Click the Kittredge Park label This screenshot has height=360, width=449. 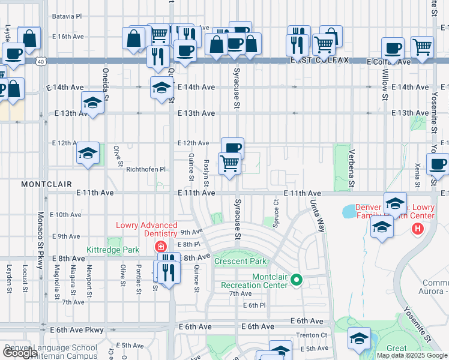(x=112, y=249)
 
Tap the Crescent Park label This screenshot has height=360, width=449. (x=240, y=261)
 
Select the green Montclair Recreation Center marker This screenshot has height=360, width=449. (x=296, y=280)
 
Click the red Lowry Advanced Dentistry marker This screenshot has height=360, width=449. (x=160, y=247)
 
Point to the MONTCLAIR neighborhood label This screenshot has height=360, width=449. (x=46, y=184)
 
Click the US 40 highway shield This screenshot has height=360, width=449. (x=40, y=61)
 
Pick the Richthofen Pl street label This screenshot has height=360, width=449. (x=145, y=170)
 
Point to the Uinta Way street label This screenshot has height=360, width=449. (x=317, y=217)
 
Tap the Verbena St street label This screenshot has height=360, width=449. (x=352, y=164)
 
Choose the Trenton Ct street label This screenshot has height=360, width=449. (x=315, y=335)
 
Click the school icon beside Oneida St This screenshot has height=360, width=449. (x=92, y=103)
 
